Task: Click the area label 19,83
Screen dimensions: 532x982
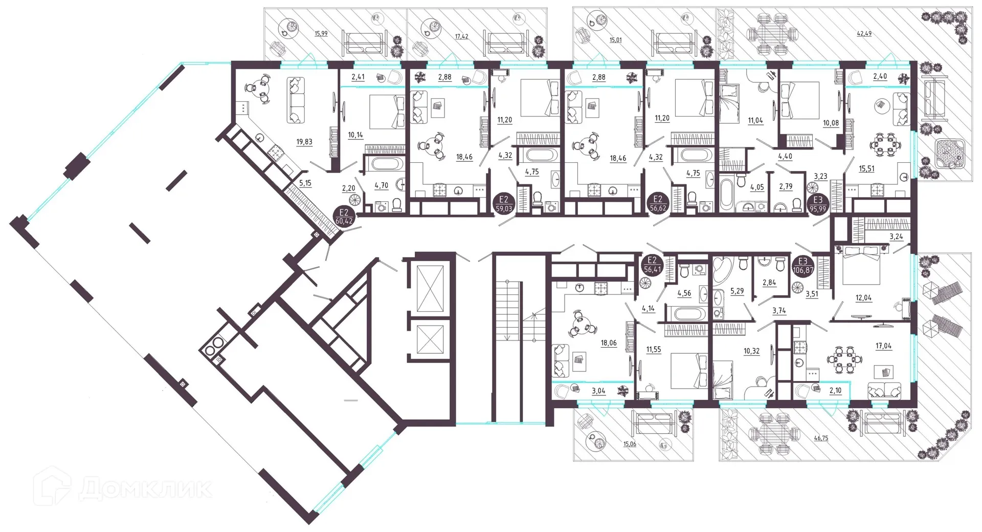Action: click(x=304, y=142)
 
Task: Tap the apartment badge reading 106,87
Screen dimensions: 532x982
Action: click(x=802, y=266)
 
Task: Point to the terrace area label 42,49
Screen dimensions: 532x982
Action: click(x=864, y=34)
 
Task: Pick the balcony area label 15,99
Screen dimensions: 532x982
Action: click(x=321, y=34)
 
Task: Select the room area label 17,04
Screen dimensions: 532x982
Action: click(x=883, y=346)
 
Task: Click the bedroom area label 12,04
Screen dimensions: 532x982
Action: click(x=863, y=298)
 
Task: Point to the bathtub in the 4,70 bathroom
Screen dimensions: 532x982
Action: click(x=386, y=164)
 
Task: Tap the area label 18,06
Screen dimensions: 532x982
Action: click(x=609, y=344)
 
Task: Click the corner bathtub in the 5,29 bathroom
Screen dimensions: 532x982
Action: click(x=724, y=269)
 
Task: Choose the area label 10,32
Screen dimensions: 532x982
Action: click(x=751, y=352)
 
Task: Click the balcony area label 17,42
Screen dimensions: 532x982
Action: click(x=461, y=37)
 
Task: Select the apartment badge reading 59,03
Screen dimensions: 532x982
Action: click(x=503, y=204)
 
